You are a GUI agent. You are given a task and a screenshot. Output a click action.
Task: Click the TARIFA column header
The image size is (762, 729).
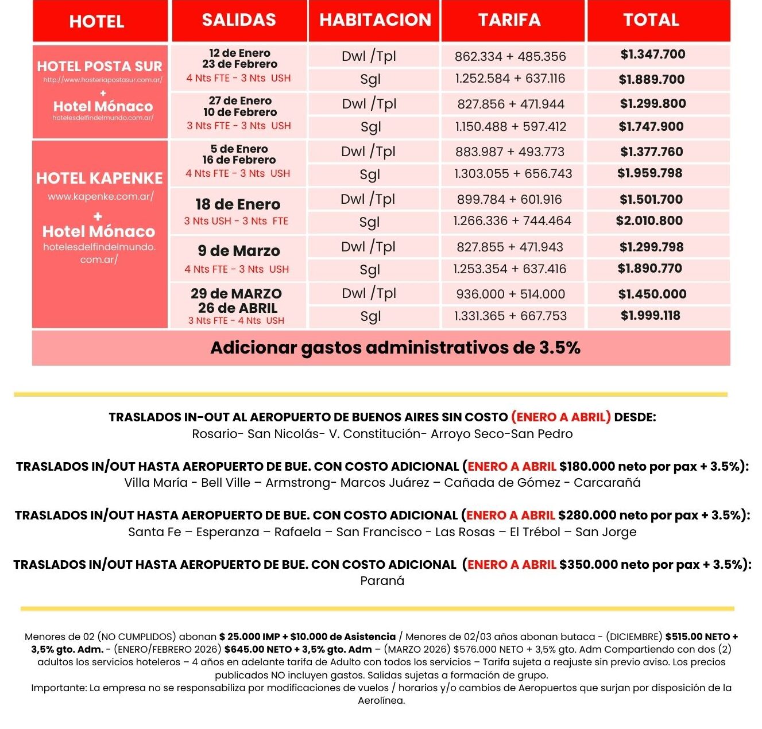(509, 20)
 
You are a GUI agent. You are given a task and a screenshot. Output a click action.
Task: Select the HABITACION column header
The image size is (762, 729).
(375, 20)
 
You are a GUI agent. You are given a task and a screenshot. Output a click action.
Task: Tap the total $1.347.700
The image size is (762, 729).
(653, 55)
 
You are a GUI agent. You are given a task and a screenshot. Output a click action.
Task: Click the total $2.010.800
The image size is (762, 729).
(649, 221)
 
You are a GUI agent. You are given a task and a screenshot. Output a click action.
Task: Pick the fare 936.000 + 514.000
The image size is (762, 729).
(510, 294)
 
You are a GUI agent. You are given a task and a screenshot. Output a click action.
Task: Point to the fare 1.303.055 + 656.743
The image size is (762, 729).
(513, 174)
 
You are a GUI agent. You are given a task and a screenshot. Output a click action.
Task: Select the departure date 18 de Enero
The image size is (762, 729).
(238, 204)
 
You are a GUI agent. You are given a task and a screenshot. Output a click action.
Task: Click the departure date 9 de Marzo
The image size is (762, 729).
(239, 251)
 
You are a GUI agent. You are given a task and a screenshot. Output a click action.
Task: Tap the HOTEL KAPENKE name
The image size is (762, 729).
(99, 179)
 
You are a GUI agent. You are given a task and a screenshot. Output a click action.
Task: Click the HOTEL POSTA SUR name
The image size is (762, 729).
(99, 67)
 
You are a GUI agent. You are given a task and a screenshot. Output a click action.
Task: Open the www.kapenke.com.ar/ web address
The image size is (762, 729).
(100, 196)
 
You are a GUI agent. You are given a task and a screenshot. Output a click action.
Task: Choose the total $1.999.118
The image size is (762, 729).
(651, 316)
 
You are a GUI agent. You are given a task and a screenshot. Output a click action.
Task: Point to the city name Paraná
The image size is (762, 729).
(382, 581)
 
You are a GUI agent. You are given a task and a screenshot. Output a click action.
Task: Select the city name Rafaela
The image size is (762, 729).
(297, 532)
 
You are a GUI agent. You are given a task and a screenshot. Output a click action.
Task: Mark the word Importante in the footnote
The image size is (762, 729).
(58, 688)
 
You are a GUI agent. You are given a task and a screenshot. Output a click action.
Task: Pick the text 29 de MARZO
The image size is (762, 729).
(236, 294)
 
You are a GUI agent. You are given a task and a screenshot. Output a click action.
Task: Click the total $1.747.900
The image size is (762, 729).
(651, 127)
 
